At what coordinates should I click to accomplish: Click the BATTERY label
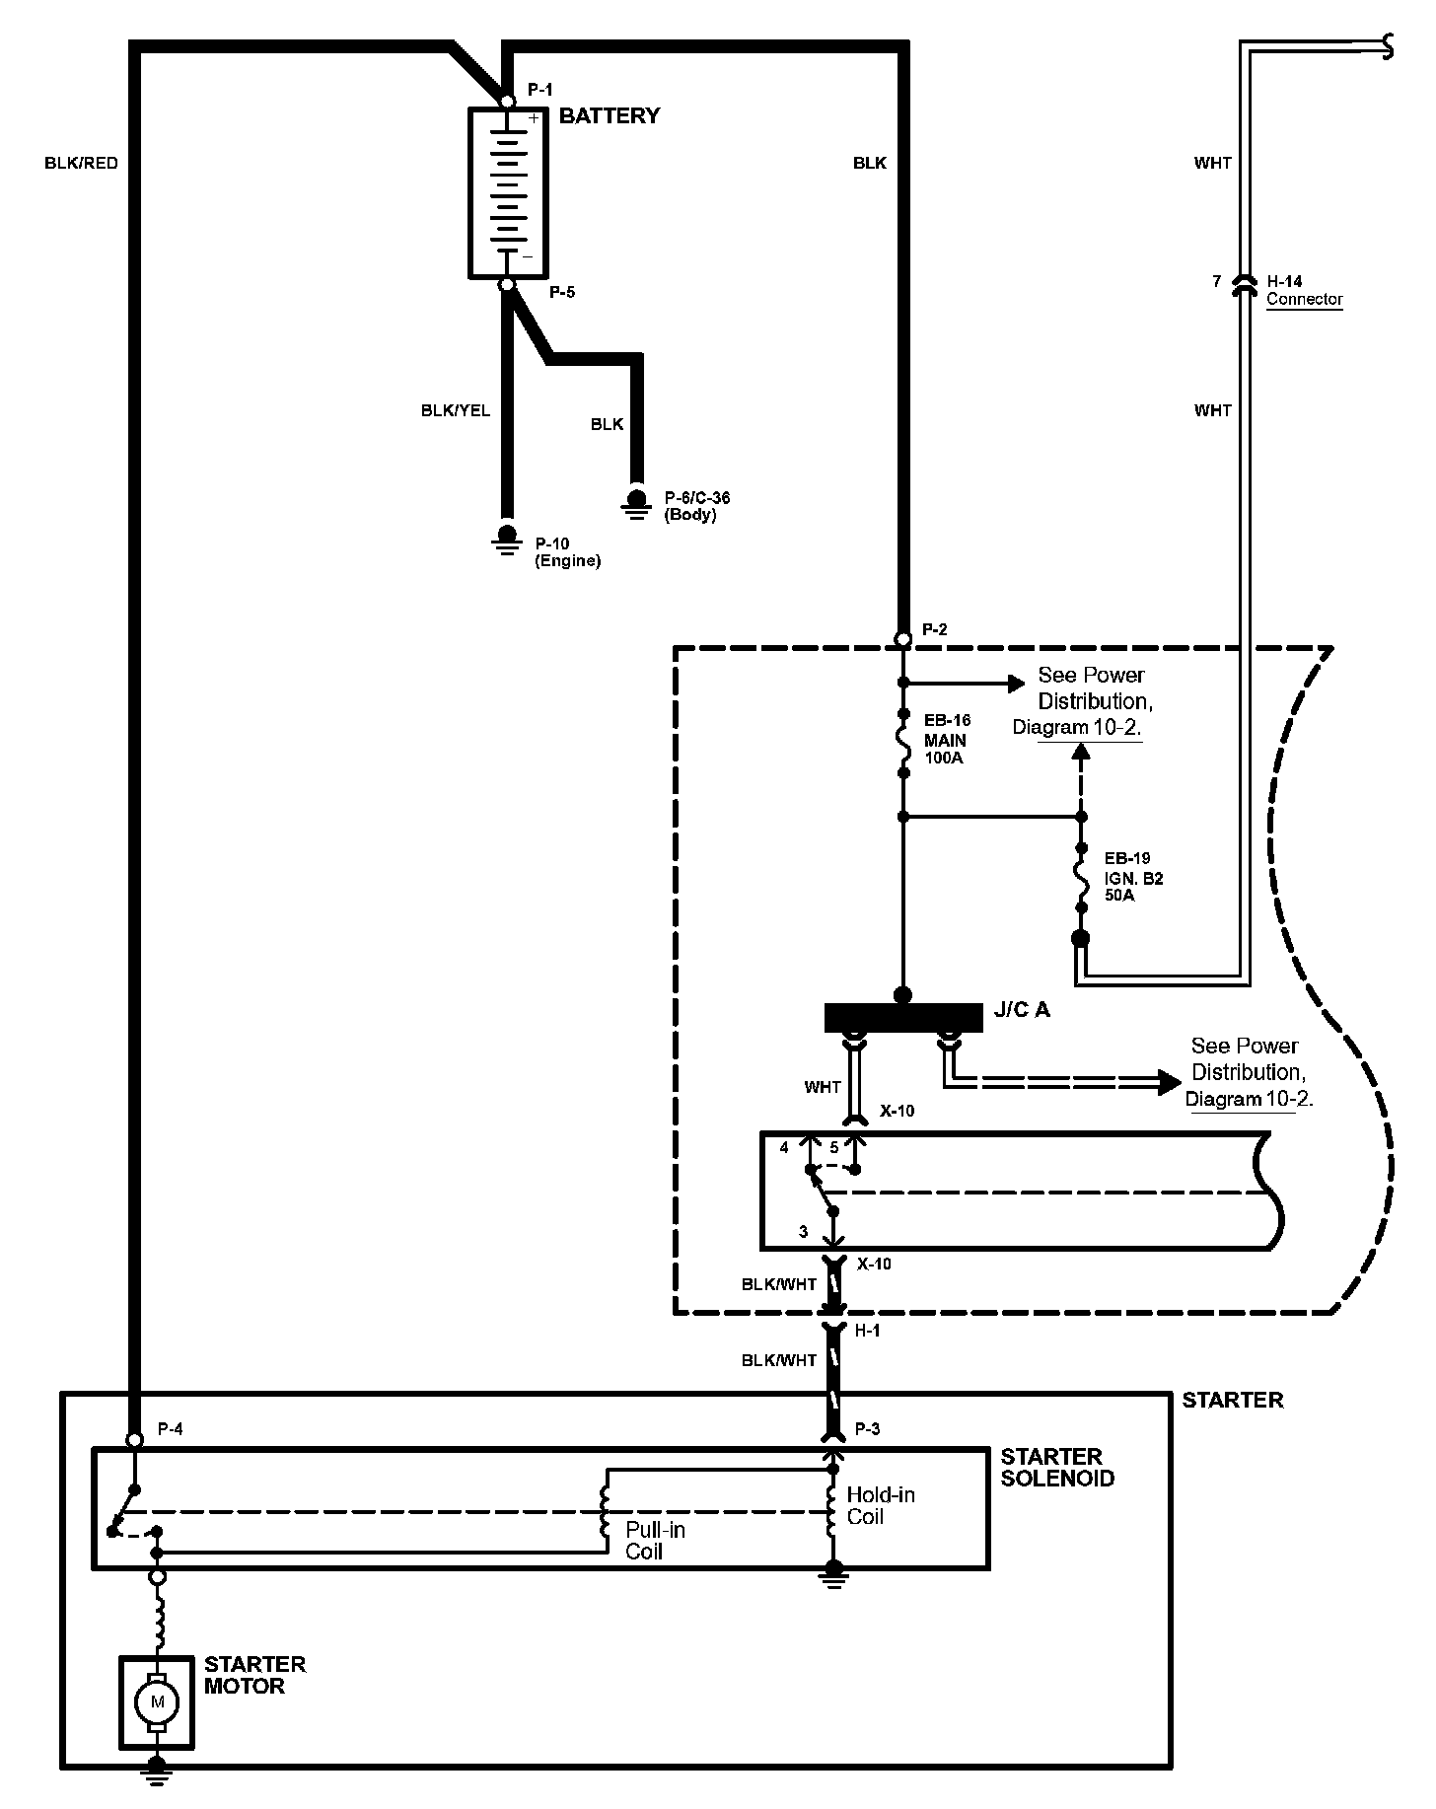pyautogui.click(x=609, y=116)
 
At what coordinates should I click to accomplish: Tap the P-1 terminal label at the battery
pyautogui.click(x=539, y=90)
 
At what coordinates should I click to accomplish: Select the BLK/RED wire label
pyautogui.click(x=81, y=164)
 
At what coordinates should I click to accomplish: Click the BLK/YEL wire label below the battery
pyautogui.click(x=456, y=411)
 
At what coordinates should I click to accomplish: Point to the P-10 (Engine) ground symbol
pyautogui.click(x=507, y=540)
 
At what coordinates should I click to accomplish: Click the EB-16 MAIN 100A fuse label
pyautogui.click(x=946, y=741)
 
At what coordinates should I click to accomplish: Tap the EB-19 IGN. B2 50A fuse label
pyautogui.click(x=1133, y=878)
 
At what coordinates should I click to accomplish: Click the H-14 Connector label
pyautogui.click(x=1304, y=291)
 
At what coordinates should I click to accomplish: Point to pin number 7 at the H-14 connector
pyautogui.click(x=1216, y=282)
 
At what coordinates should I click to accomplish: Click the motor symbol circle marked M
pyautogui.click(x=156, y=1700)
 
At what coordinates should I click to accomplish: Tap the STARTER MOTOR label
pyautogui.click(x=254, y=1675)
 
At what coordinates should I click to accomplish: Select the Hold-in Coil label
pyautogui.click(x=880, y=1506)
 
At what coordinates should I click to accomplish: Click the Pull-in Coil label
pyautogui.click(x=655, y=1541)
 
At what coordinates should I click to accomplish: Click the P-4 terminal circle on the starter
pyautogui.click(x=135, y=1440)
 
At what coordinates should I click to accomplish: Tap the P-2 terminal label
pyautogui.click(x=934, y=629)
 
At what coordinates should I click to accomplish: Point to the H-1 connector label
pyautogui.click(x=867, y=1331)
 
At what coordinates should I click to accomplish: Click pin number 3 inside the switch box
pyautogui.click(x=804, y=1232)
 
